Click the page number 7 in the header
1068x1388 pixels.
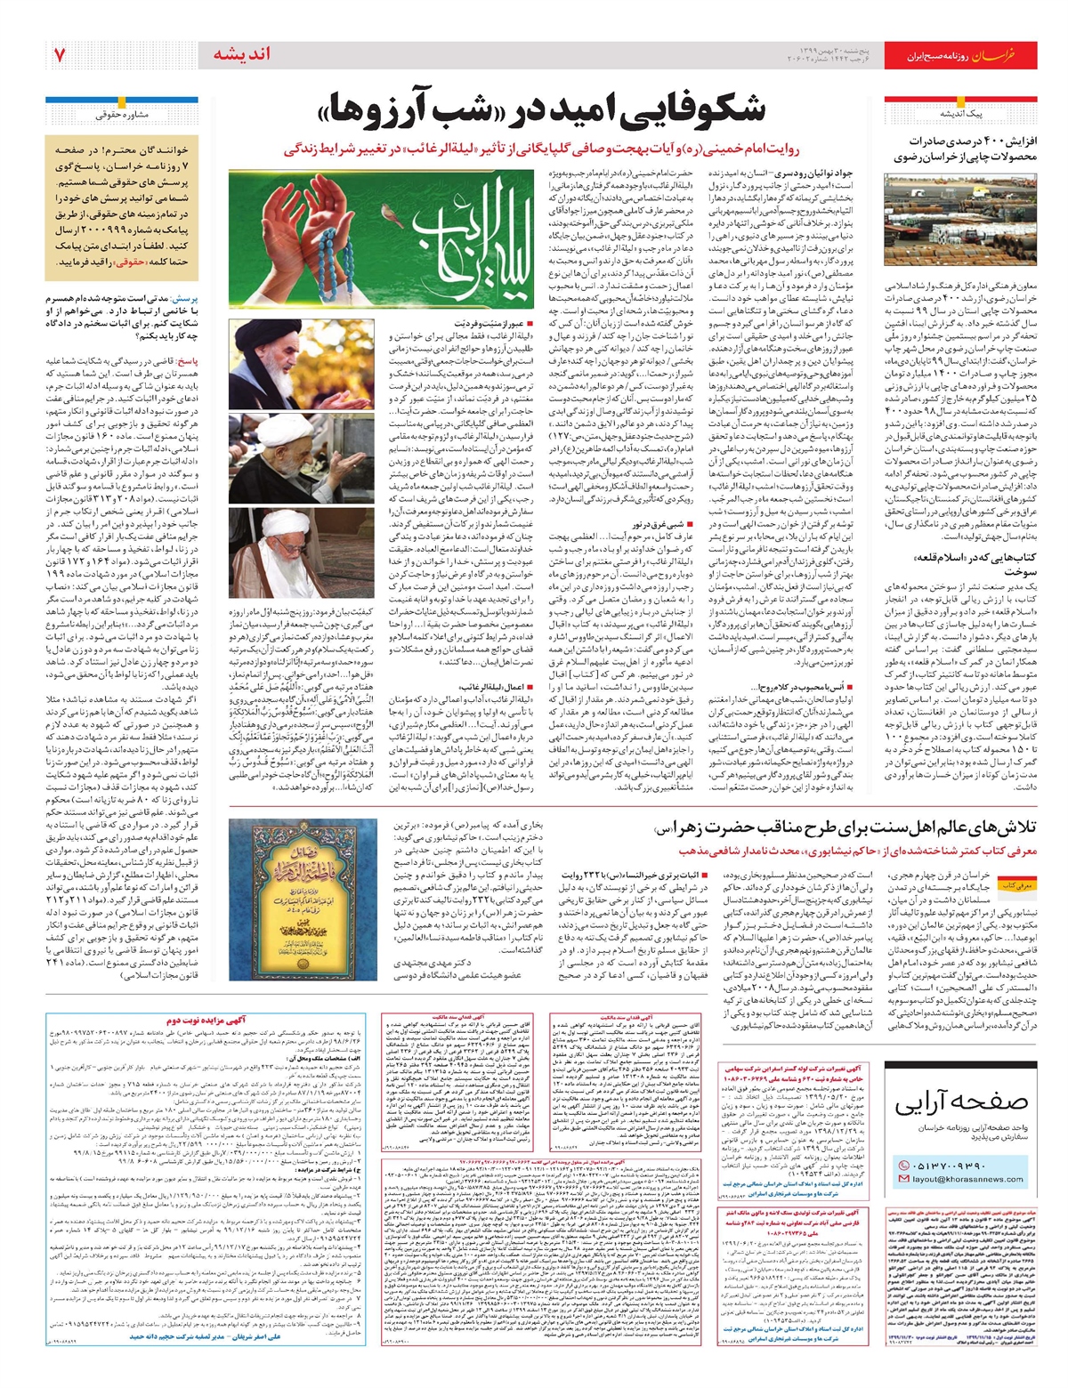point(59,55)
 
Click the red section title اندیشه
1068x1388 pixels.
point(241,54)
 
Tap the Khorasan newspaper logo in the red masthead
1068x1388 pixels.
point(991,55)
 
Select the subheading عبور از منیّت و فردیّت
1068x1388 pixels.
point(495,326)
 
